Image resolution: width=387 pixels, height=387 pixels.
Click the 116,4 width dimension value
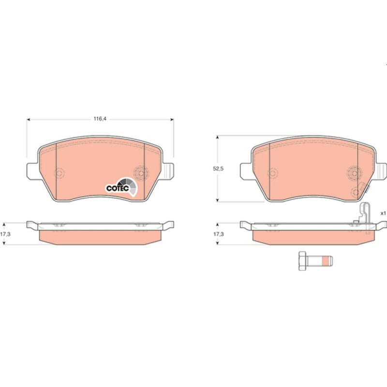pos(100,119)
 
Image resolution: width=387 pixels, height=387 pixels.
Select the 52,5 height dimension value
pos(218,169)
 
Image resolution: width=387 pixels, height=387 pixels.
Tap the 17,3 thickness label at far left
pos(5,234)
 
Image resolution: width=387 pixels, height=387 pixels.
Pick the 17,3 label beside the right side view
pos(219,234)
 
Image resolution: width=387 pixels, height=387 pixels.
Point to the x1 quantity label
pos(383,213)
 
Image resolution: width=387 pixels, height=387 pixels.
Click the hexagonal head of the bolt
pos(302,261)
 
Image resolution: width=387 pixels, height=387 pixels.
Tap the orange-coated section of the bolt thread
pos(326,261)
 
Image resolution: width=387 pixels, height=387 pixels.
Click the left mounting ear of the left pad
pos(32,171)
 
